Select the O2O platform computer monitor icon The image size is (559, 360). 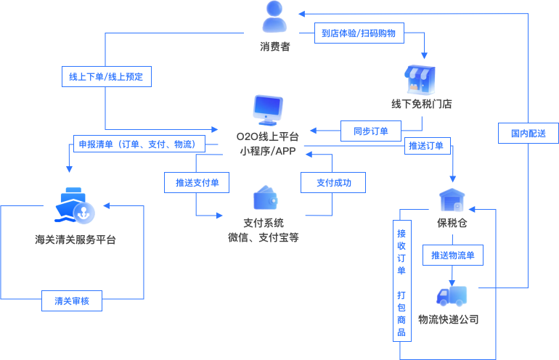pos(268,110)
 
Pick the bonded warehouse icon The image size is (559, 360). pos(452,200)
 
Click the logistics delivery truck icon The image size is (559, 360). pos(452,295)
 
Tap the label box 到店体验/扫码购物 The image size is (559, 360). pos(359,33)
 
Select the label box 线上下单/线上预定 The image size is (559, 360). pos(106,77)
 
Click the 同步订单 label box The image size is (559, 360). pos(371,131)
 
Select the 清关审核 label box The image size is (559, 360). pos(72,300)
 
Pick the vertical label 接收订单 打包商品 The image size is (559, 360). pos(401,284)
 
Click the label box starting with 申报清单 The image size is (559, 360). pos(138,144)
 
